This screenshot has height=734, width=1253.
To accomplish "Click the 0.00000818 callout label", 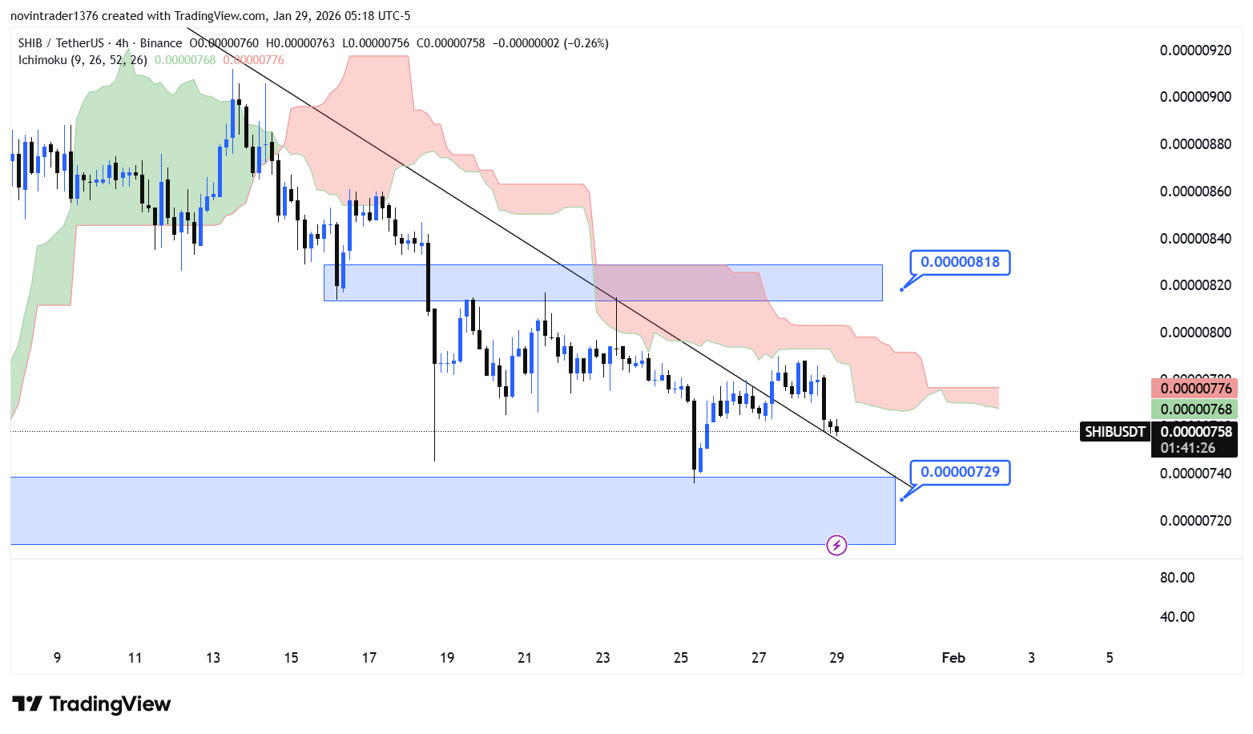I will pos(960,262).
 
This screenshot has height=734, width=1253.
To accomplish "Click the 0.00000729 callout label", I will pos(960,472).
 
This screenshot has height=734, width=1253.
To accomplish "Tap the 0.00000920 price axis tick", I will pos(1195,50).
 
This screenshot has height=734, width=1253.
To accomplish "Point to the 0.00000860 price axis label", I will pos(1195,192).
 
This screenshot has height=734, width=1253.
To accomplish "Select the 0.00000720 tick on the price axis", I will pos(1195,521).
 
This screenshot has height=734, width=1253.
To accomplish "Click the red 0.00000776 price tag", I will pos(1195,389).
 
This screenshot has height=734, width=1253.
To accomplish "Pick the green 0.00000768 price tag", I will pos(1195,409).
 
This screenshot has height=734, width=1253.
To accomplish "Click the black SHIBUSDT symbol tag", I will pos(1114,432).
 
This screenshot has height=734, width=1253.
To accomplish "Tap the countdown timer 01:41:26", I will pos(1187,449).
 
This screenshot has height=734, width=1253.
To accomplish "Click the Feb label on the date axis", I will pos(953,658).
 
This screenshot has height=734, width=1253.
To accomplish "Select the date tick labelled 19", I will pos(447,658).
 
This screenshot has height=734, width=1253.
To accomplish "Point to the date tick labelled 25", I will pos(681,658).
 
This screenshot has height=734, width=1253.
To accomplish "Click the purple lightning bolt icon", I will pos(836,546).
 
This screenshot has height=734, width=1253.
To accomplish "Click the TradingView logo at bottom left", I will pos(92,704).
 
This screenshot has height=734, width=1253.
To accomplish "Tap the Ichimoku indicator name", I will pos(43,60).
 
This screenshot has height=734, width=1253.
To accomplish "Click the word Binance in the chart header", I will pos(161,43).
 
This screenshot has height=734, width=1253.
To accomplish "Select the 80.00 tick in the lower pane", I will pos(1177,578).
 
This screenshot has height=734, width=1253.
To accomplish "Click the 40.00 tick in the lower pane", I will pos(1177,617).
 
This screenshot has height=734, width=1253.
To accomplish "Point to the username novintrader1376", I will pos(53,16).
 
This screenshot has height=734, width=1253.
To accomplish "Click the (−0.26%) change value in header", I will pos(586,43).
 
